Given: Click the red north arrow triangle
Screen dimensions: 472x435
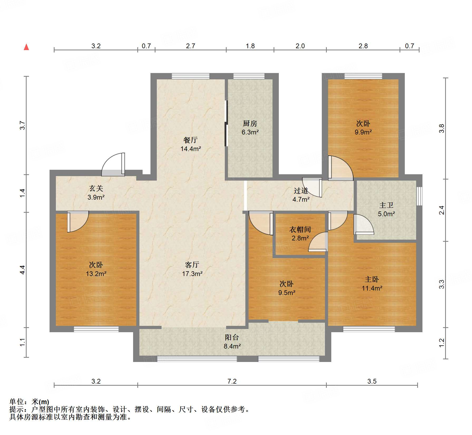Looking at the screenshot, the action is point(26,47).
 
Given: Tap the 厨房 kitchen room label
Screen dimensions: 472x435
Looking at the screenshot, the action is point(250,123).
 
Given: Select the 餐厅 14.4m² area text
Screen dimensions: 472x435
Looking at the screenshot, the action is point(191,149).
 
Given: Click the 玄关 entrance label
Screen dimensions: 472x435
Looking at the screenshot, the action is point(96,188).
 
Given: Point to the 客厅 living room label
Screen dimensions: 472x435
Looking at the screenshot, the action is point(192,265).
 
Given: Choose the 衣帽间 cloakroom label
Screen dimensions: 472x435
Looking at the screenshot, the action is point(300,230).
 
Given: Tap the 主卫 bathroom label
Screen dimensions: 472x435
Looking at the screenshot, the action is point(386,205).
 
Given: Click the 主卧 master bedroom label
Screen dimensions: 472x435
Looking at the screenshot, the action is point(372,279).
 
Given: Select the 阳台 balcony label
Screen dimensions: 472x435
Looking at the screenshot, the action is point(232,337).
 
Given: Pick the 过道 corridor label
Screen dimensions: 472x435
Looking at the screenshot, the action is point(301,191).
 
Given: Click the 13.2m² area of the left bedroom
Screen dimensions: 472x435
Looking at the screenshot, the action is point(96,274).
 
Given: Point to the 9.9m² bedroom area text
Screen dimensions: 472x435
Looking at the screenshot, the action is point(363,132).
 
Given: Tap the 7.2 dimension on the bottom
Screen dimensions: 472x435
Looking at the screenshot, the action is point(232,381).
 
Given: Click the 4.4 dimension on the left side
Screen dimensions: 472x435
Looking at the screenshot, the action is point(22,270).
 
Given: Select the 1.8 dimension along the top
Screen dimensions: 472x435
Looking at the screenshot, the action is point(250,46).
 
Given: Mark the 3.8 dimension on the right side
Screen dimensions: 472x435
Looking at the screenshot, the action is point(442,128).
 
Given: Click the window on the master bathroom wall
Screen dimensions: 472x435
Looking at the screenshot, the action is point(419,196).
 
